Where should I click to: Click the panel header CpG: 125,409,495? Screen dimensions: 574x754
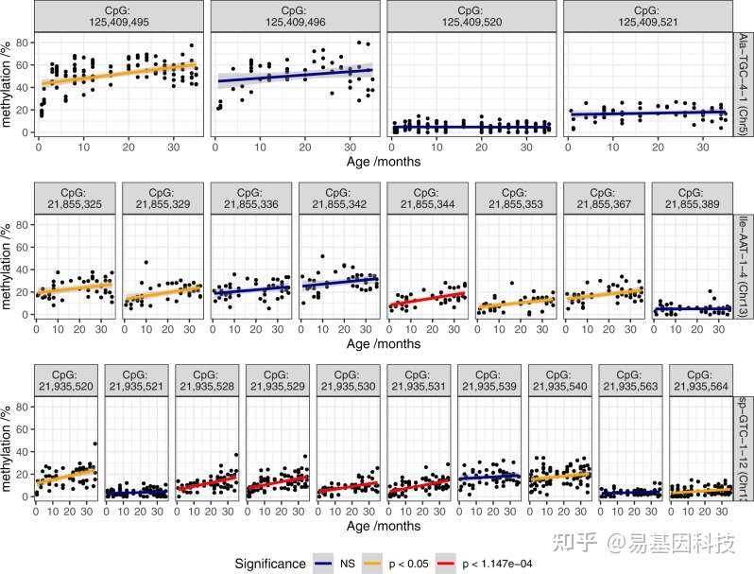click(115, 15)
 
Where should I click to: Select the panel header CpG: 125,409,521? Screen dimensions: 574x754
click(646, 15)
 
